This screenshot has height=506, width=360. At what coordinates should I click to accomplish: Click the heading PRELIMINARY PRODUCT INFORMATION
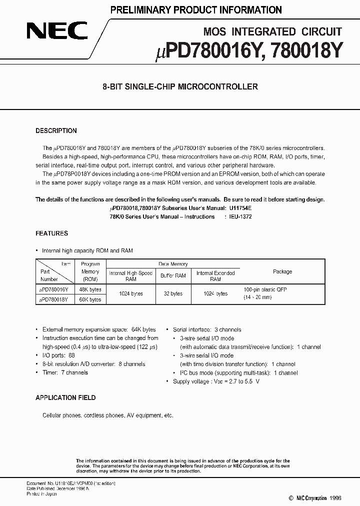(195, 9)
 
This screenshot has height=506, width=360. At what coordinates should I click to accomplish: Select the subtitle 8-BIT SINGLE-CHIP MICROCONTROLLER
(179, 86)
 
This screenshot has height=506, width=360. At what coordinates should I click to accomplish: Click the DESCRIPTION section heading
(56, 131)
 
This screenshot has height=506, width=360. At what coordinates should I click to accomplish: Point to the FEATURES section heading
(51, 233)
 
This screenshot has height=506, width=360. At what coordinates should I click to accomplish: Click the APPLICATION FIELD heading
(65, 398)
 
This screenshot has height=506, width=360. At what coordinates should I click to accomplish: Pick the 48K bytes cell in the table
(90, 289)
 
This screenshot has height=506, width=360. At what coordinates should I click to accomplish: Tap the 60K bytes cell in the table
(90, 299)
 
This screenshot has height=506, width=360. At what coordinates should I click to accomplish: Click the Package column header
(282, 271)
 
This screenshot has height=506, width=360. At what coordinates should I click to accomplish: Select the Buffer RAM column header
(173, 275)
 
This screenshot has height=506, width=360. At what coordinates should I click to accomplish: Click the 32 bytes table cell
(173, 294)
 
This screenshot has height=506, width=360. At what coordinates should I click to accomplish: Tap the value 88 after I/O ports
(71, 355)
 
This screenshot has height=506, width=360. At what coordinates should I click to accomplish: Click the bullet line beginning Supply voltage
(216, 381)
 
